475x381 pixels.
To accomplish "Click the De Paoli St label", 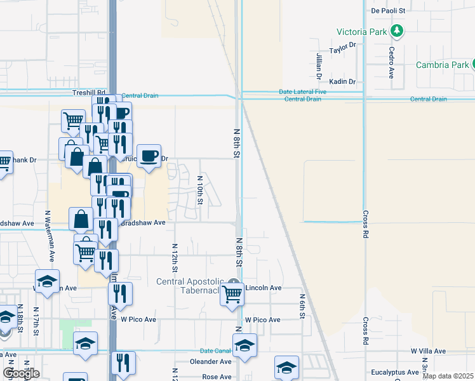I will (x=388, y=11).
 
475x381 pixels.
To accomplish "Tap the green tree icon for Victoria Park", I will (x=397, y=30).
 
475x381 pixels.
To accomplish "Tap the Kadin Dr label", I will (x=342, y=82).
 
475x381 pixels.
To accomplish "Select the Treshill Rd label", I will (x=88, y=93).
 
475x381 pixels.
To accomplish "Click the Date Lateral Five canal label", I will (x=302, y=92).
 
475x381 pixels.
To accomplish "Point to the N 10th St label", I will (x=199, y=190).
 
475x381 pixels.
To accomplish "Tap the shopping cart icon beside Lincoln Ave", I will (x=232, y=294).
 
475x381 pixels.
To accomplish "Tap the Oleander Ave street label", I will (x=211, y=361).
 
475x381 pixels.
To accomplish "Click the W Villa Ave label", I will (x=428, y=351).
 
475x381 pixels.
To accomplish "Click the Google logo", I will (x=21, y=374).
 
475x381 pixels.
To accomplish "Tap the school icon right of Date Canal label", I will (x=244, y=345).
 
